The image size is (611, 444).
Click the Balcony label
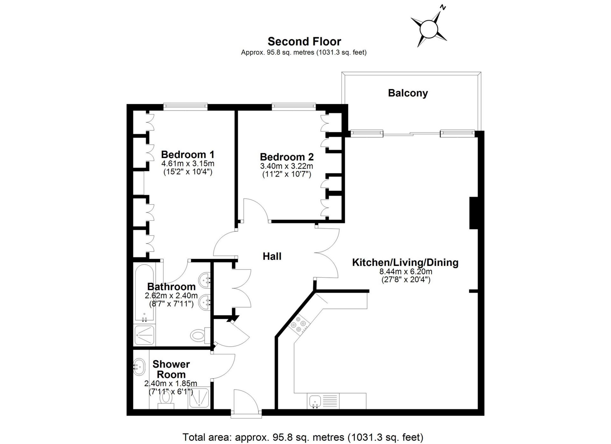408,93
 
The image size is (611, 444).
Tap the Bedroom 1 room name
188,155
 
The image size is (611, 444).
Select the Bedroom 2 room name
287,157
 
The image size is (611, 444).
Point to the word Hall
272,256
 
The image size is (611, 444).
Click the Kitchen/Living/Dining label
405,263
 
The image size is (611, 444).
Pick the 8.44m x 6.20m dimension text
406,272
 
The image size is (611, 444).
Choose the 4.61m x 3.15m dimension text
188,164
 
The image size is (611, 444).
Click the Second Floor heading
304,41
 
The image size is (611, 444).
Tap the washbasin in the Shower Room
139,366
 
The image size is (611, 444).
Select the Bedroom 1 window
186,107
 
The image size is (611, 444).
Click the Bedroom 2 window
294,107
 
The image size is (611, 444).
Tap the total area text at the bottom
303,437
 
